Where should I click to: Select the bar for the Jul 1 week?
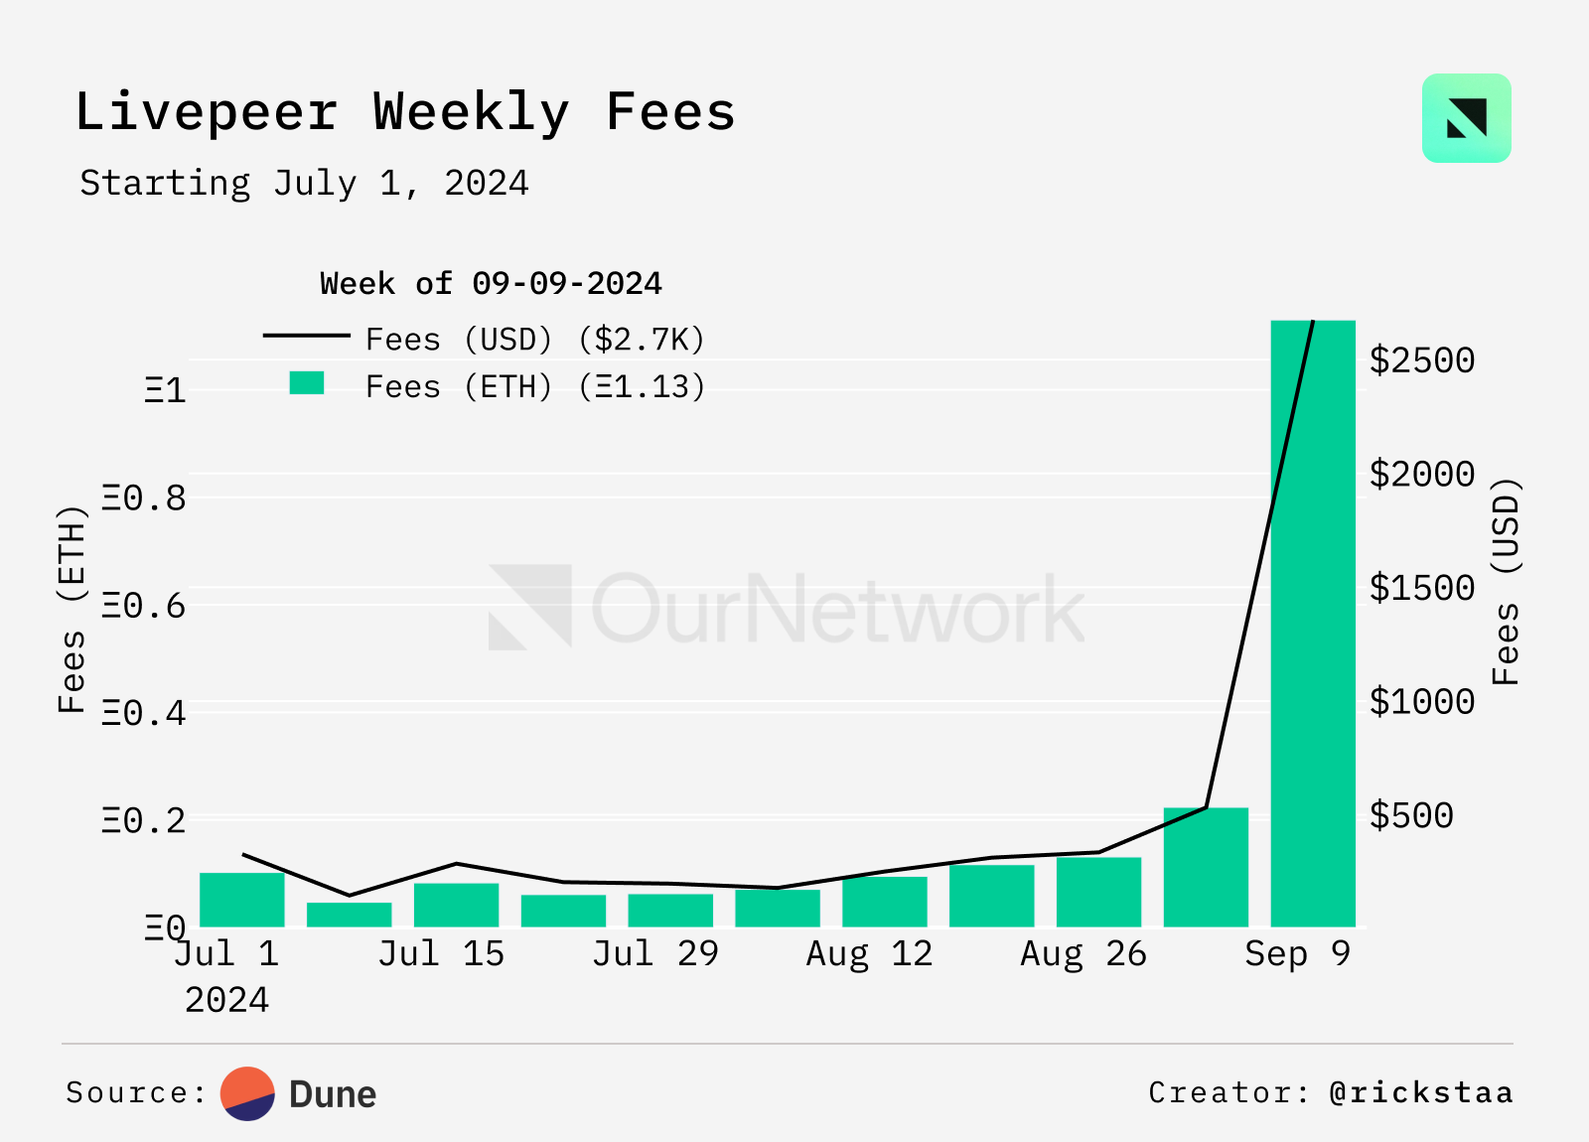pyautogui.click(x=242, y=900)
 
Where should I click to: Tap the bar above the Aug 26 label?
pyautogui.click(x=1098, y=892)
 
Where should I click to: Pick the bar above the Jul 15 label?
pyautogui.click(x=456, y=905)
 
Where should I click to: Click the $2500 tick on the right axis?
pyautogui.click(x=1421, y=360)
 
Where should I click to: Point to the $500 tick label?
pyautogui.click(x=1411, y=815)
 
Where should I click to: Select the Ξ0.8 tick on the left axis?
pyautogui.click(x=145, y=498)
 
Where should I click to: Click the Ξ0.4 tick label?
pyautogui.click(x=145, y=712)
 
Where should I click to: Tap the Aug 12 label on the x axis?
pyautogui.click(x=869, y=953)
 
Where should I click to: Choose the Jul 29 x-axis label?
pyautogui.click(x=655, y=953)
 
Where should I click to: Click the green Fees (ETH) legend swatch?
pyautogui.click(x=307, y=383)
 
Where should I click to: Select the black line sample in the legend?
pyautogui.click(x=306, y=336)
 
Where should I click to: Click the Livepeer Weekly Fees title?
pyautogui.click(x=405, y=111)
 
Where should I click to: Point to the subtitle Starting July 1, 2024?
pyautogui.click(x=304, y=184)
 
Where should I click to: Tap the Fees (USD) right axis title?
pyautogui.click(x=1507, y=581)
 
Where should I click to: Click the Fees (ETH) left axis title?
pyautogui.click(x=72, y=608)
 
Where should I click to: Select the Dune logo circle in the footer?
pyautogui.click(x=247, y=1093)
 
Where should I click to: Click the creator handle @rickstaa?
pyautogui.click(x=1421, y=1092)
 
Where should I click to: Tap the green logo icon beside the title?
pyautogui.click(x=1466, y=118)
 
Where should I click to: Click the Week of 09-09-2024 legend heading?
pyautogui.click(x=491, y=284)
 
